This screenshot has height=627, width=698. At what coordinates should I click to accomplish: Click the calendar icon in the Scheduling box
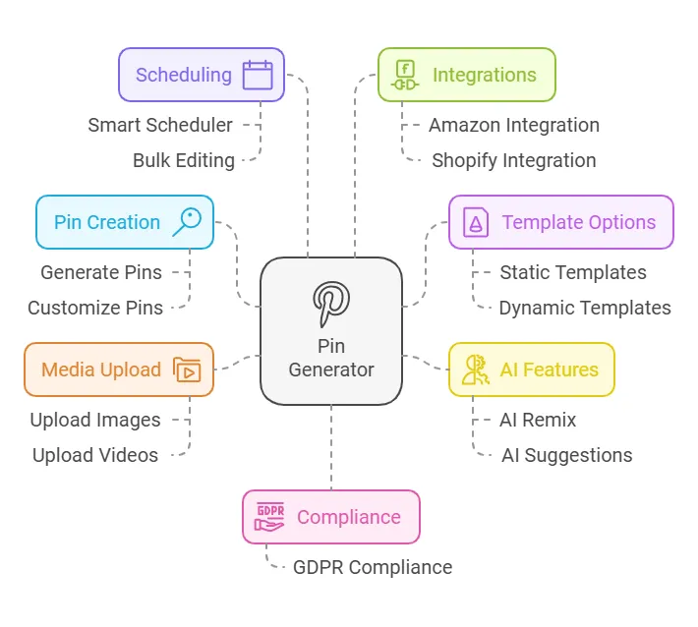pyautogui.click(x=258, y=75)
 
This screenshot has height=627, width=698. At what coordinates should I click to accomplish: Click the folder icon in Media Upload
pyautogui.click(x=187, y=370)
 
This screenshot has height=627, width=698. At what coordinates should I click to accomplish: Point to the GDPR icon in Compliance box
pyautogui.click(x=270, y=517)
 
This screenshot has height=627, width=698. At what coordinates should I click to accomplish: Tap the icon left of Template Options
pyautogui.click(x=476, y=222)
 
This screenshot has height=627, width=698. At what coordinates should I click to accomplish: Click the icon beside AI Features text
pyautogui.click(x=476, y=370)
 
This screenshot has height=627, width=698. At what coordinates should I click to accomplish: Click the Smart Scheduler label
pyautogui.click(x=160, y=125)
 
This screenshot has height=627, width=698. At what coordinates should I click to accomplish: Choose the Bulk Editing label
pyautogui.click(x=184, y=160)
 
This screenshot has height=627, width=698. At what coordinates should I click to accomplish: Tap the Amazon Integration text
pyautogui.click(x=514, y=125)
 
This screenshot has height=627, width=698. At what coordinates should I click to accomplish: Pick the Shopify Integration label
pyautogui.click(x=514, y=160)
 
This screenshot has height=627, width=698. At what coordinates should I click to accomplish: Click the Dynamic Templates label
pyautogui.click(x=585, y=308)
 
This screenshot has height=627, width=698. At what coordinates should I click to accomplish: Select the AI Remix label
pyautogui.click(x=538, y=420)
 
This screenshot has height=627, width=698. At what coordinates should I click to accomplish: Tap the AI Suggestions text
pyautogui.click(x=567, y=455)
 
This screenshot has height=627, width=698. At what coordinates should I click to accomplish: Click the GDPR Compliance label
pyautogui.click(x=373, y=567)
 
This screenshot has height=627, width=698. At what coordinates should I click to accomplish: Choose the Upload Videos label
pyautogui.click(x=95, y=455)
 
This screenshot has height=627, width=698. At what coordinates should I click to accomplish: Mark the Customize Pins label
pyautogui.click(x=95, y=308)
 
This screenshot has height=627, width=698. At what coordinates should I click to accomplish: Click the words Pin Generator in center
pyautogui.click(x=331, y=358)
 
